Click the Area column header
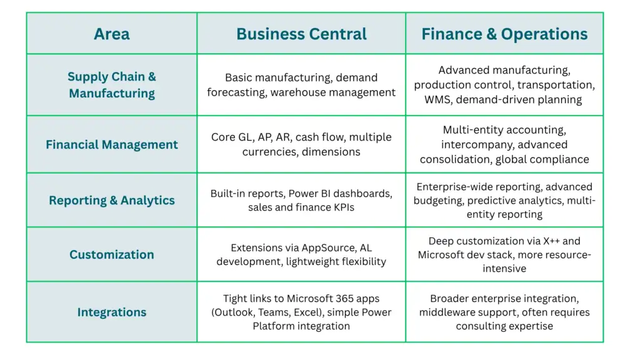tap(112, 34)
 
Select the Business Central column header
tap(301, 34)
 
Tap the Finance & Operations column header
tap(504, 34)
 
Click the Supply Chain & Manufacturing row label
tap(112, 85)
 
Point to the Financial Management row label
tap(112, 144)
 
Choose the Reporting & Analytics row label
tap(112, 201)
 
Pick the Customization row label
tap(112, 254)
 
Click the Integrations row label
tap(112, 312)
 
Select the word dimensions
tap(331, 151)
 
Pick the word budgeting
tap(438, 201)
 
